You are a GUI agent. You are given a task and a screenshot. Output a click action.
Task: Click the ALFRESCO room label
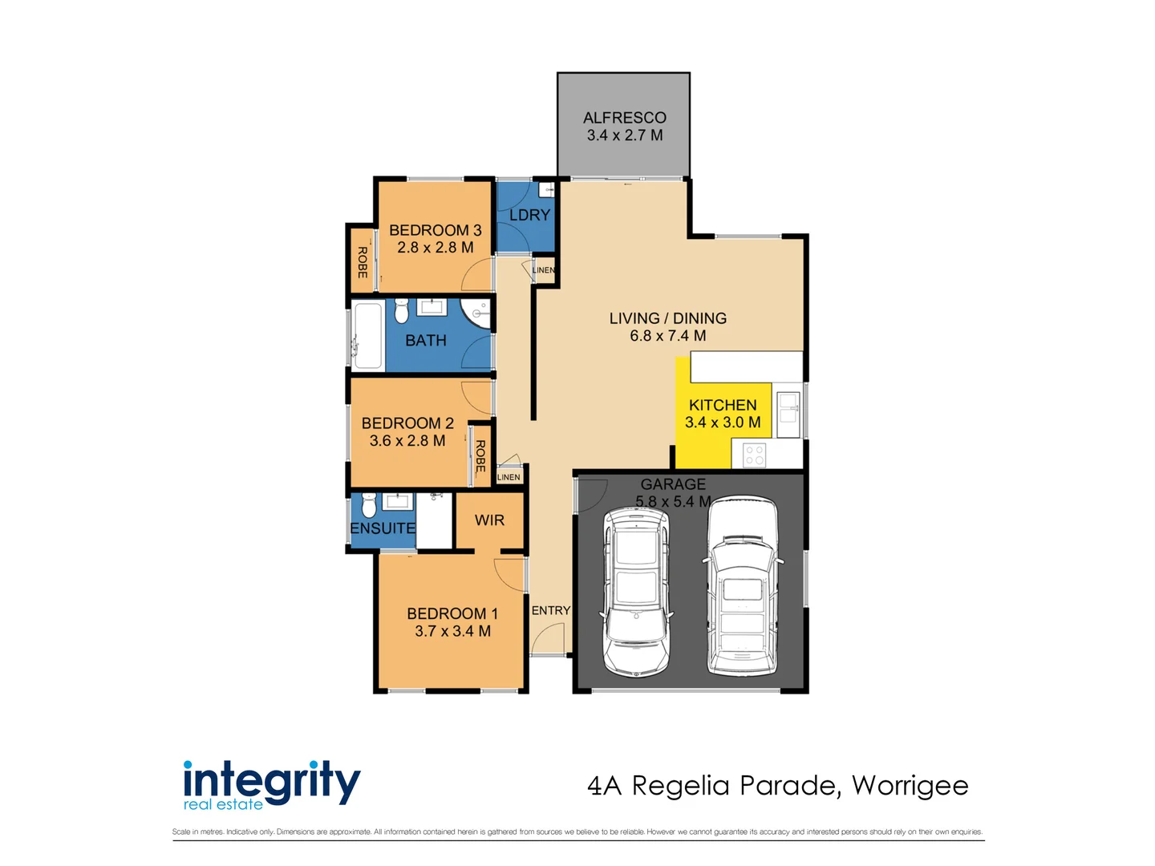click(624, 118)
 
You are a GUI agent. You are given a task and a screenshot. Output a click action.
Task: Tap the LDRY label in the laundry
click(529, 215)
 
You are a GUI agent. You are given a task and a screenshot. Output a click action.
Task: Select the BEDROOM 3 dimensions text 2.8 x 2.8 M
click(436, 248)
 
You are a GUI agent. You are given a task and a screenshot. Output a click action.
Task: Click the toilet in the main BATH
click(401, 311)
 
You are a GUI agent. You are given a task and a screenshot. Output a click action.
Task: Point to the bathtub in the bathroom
click(367, 335)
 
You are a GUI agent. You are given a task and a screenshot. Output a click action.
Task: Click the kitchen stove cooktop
click(755, 455)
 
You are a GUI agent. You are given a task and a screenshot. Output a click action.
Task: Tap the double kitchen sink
click(788, 415)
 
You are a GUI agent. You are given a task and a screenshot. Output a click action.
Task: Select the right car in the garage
click(742, 586)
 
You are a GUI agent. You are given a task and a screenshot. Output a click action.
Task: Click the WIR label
click(489, 520)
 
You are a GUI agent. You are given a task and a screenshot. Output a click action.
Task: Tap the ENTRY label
click(551, 610)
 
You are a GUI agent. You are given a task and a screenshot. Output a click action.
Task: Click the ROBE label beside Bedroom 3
click(362, 262)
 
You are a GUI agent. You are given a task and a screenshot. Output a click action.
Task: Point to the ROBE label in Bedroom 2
click(480, 456)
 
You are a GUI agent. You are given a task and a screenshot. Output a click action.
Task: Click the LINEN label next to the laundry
click(544, 270)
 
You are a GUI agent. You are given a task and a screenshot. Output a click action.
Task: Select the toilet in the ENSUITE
click(369, 505)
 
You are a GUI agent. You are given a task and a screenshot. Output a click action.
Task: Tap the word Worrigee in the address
click(910, 787)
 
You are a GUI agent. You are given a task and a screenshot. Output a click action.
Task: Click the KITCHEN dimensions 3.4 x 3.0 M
click(723, 423)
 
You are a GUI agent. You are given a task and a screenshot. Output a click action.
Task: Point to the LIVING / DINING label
click(668, 318)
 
